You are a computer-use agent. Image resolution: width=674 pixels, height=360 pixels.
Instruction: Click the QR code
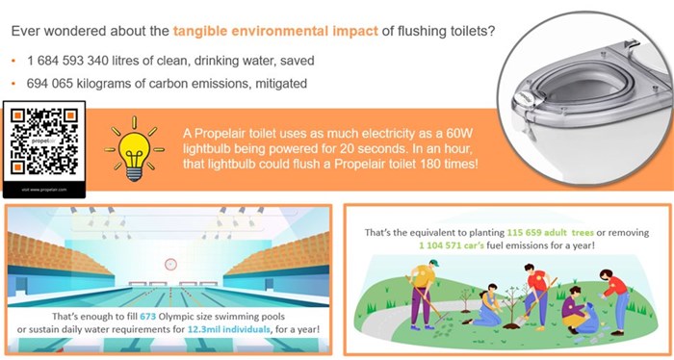[43, 141]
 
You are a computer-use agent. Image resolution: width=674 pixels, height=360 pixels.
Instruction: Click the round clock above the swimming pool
[170, 262]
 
